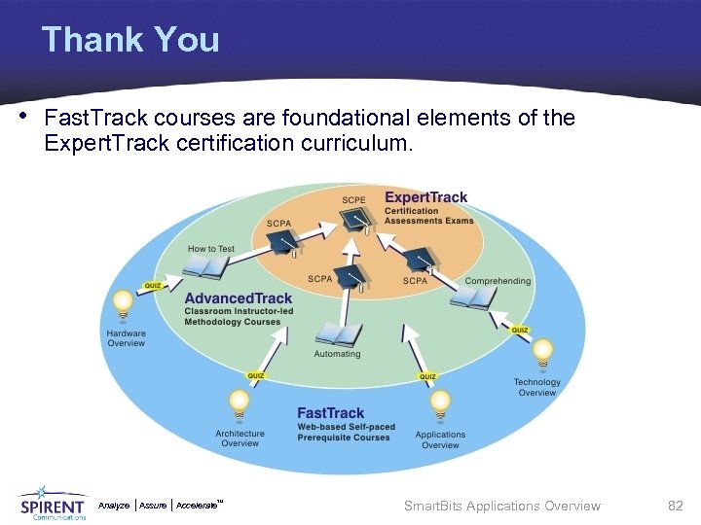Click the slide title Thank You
(130, 40)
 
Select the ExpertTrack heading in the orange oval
(425, 197)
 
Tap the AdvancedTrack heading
(238, 298)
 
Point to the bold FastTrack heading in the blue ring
(330, 413)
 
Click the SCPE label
(353, 200)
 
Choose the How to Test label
(211, 249)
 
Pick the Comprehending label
(498, 281)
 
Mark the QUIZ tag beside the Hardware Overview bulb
(153, 286)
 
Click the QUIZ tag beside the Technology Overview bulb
(520, 331)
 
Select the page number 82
(675, 506)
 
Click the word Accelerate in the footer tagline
(199, 506)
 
